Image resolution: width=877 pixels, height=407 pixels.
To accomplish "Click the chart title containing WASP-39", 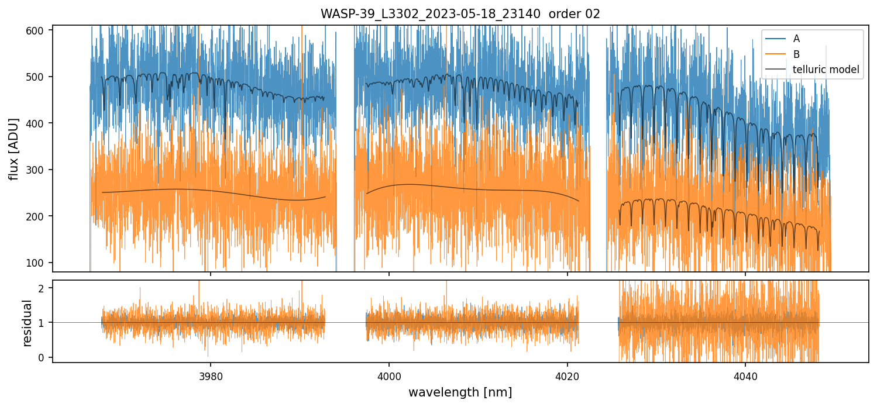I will coord(460,14).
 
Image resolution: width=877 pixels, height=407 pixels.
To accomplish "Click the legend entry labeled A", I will coord(796,39).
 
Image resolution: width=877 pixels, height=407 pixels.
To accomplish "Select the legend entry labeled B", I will coord(796,54).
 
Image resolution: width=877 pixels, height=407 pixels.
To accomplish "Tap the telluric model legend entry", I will coord(826,70).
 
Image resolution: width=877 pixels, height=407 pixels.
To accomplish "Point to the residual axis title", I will coord(27,322).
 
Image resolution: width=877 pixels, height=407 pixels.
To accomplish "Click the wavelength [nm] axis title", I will coord(460,392).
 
